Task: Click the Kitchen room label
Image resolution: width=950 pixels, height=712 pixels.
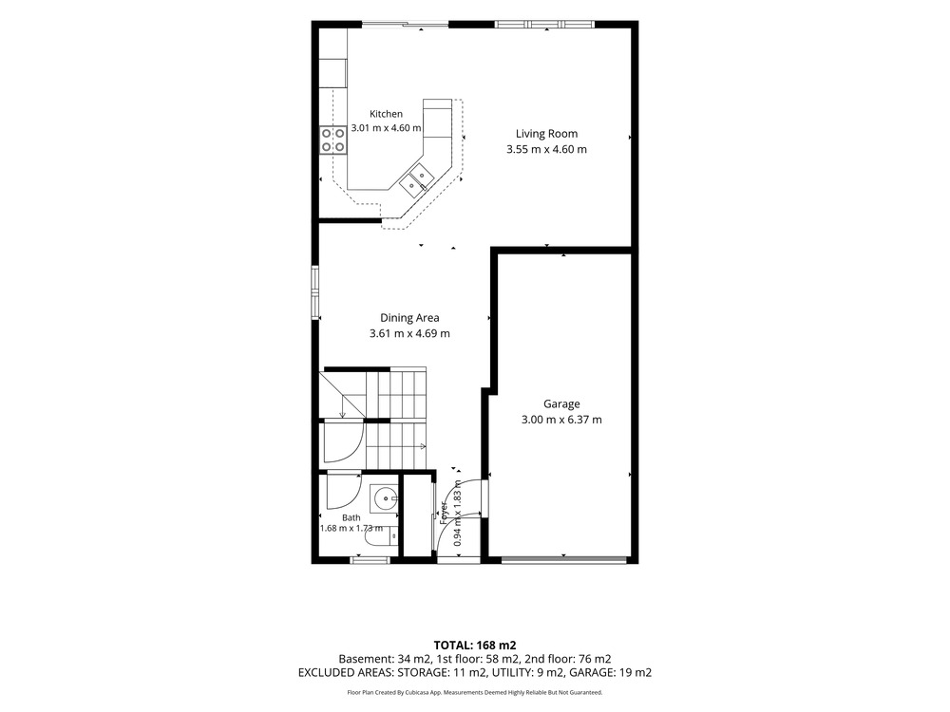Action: click(386, 114)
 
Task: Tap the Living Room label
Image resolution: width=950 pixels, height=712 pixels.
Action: click(546, 134)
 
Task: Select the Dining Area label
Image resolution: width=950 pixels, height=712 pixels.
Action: click(409, 318)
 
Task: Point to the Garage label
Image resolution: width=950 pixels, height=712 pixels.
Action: click(561, 403)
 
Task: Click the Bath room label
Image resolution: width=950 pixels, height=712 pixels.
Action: click(351, 517)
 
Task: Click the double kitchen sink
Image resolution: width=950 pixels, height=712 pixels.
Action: click(416, 180)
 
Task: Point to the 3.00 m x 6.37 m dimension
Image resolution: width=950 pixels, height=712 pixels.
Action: click(561, 420)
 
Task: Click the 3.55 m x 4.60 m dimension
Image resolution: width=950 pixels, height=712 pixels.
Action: click(546, 149)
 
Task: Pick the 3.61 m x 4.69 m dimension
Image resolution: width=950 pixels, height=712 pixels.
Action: click(409, 333)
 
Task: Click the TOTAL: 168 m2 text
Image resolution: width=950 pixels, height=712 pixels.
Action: click(475, 646)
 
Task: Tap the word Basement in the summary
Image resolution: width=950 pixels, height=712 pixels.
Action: click(365, 659)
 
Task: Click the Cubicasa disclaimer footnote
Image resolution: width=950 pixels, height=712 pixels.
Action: click(475, 692)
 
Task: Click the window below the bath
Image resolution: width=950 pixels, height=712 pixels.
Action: click(370, 560)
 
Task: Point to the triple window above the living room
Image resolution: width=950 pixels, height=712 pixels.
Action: click(544, 25)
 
